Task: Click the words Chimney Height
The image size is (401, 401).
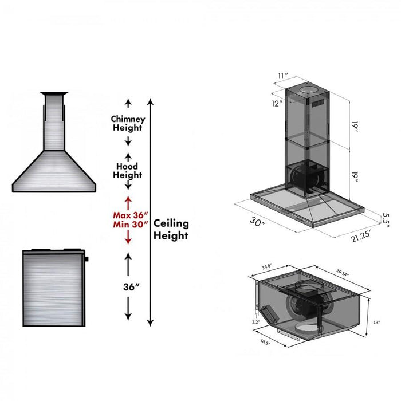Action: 128,123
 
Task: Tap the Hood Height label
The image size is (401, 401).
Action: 127,170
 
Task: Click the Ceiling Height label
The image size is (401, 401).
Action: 170,229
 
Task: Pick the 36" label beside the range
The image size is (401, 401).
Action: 128,286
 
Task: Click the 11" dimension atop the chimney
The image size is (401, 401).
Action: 282,76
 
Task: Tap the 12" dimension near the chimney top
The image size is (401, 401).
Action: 277,104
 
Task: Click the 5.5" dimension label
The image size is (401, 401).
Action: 387,219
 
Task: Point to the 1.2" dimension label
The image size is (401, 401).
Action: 255,322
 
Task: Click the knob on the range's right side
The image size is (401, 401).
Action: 87,260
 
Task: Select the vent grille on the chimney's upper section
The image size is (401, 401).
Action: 319,104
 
